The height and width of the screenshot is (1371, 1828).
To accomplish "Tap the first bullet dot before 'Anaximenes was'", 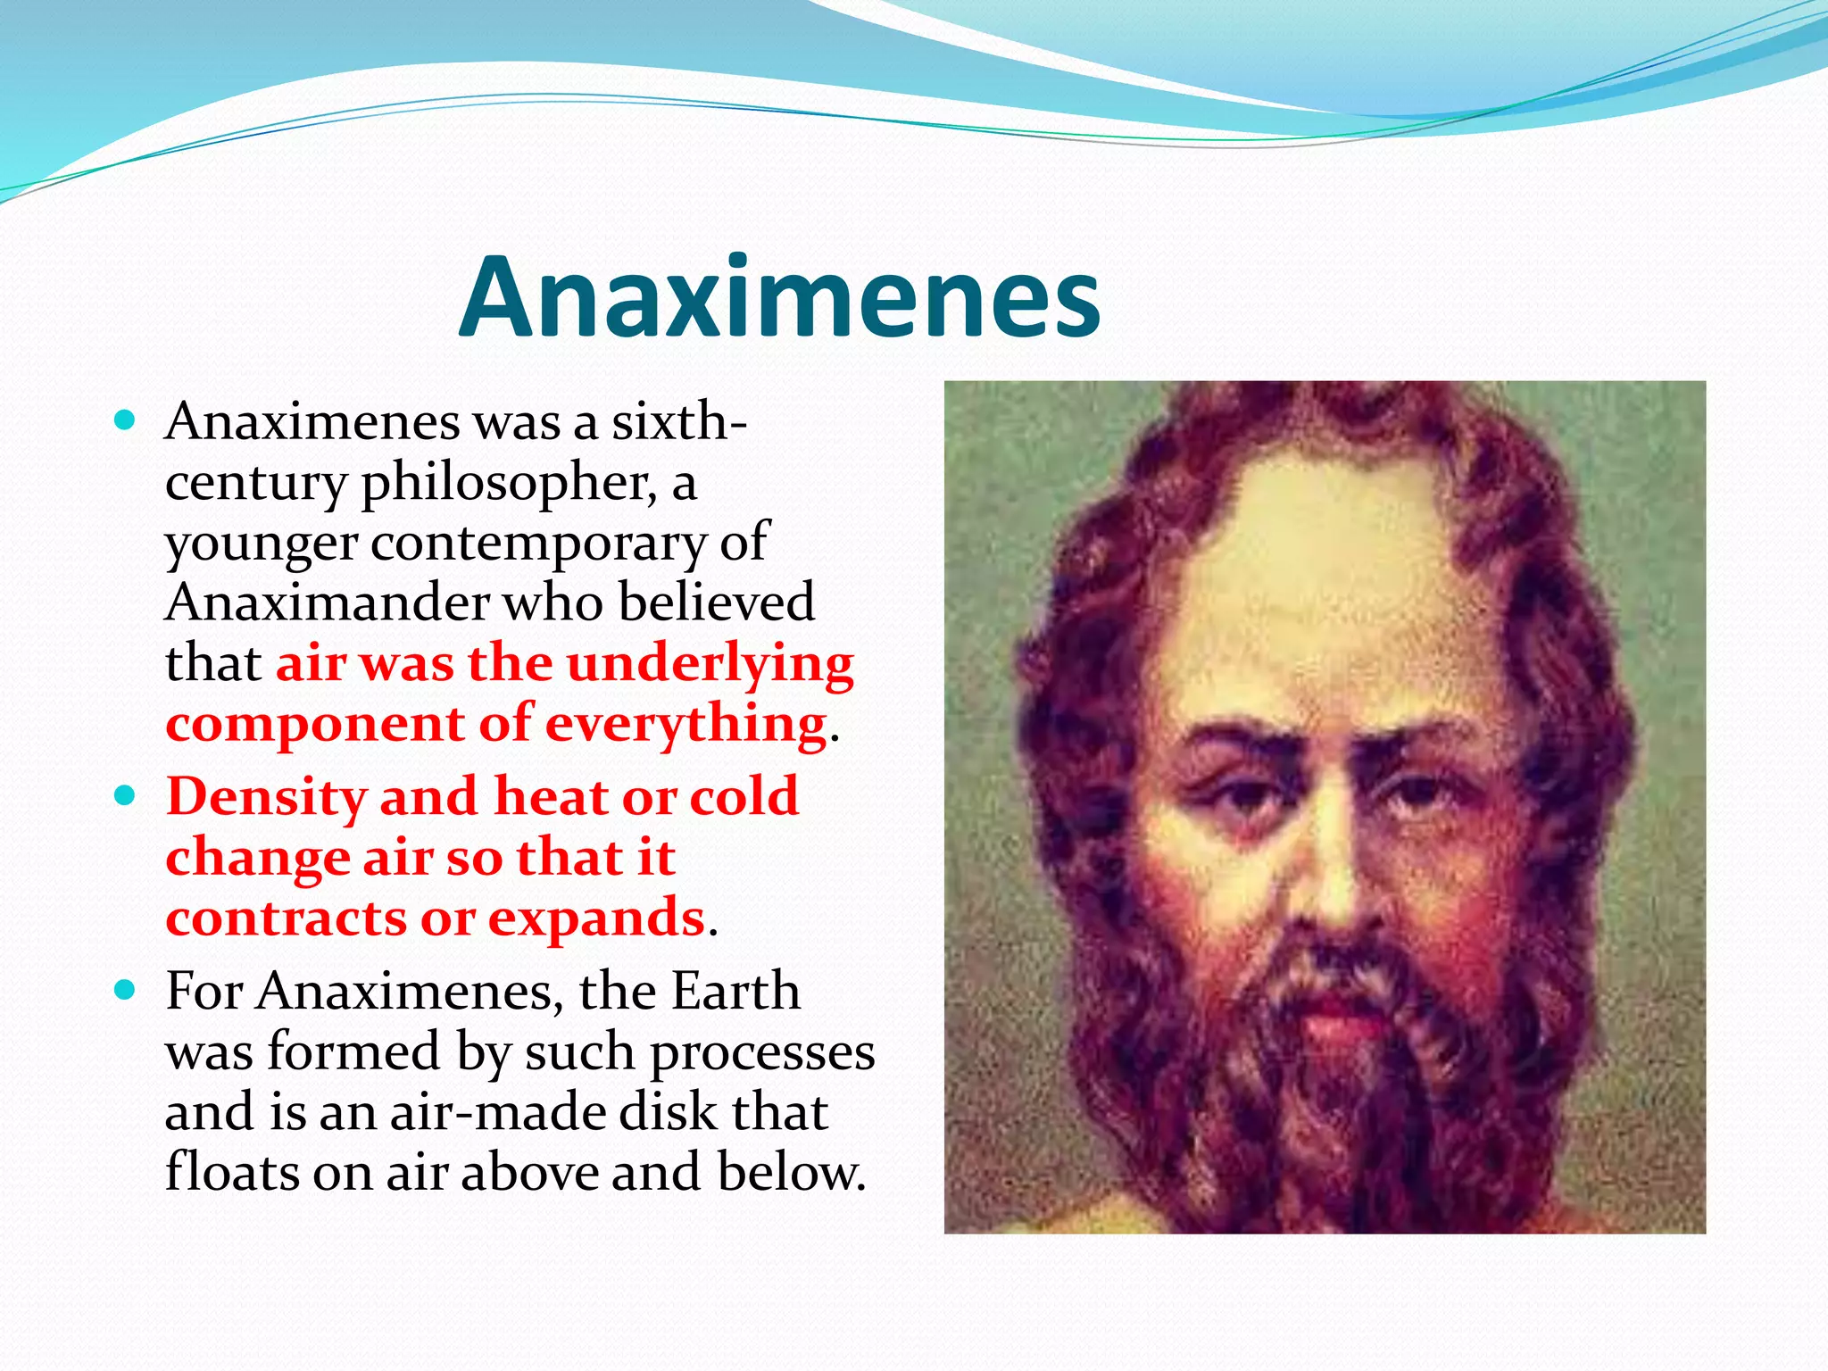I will tap(126, 420).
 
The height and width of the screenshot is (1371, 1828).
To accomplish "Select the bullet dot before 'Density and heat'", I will tap(126, 795).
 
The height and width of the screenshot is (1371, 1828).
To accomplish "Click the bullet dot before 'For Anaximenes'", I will tap(126, 989).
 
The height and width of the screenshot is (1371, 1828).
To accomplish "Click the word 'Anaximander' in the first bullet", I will tap(326, 602).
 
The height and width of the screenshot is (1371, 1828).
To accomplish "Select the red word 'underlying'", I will tap(710, 665).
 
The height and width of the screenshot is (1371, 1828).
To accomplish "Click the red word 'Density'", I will tap(266, 797).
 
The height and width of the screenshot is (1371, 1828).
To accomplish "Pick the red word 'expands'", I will tap(596, 919).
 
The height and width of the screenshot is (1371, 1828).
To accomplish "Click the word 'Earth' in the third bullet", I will tap(735, 991).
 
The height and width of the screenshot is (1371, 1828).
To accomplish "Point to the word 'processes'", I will tap(762, 1053).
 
